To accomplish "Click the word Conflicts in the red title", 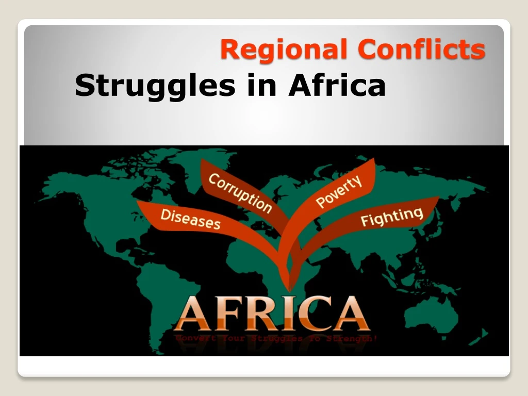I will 421,50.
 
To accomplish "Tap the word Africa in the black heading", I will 337,85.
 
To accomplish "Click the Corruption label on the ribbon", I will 240,193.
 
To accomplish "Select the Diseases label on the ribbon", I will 190,219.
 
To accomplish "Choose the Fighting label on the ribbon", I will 392,217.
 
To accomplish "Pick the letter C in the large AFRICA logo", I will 312,313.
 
